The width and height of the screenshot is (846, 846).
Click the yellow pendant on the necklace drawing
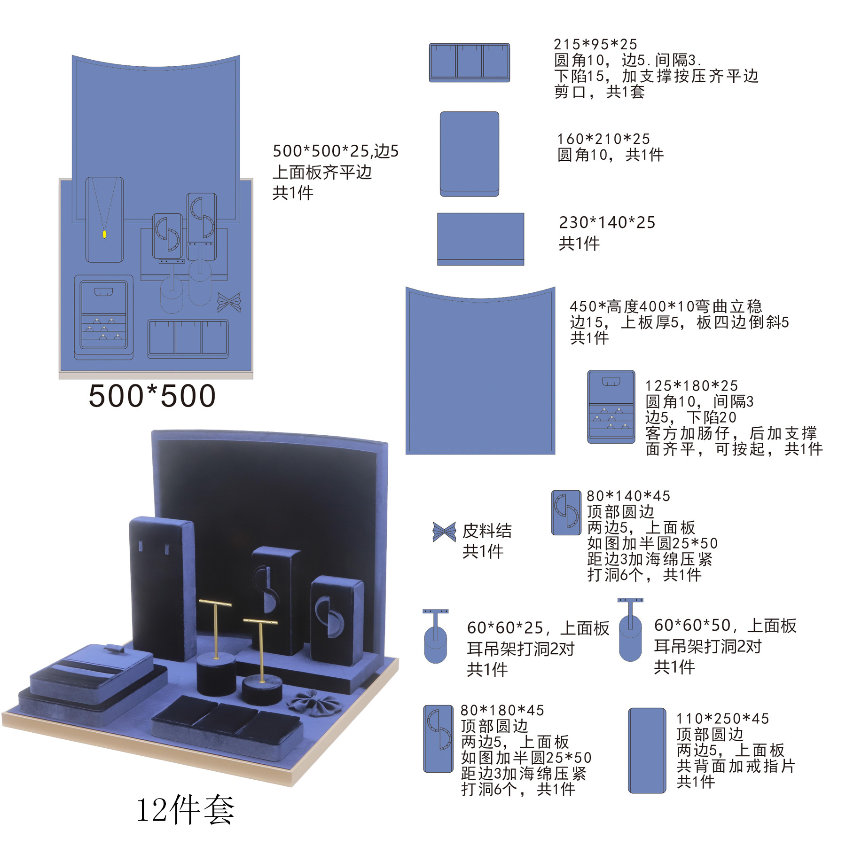coord(104,234)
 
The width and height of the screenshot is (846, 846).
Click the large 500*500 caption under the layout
coord(152,396)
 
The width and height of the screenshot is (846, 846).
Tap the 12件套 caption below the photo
coord(185,809)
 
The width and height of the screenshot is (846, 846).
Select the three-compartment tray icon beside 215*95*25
coord(469,63)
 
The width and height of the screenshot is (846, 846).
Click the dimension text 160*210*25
coord(603,139)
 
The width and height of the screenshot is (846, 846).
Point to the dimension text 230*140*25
coord(607,222)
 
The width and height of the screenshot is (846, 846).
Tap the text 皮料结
coord(487,531)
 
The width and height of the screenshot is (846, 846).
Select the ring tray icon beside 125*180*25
coord(611,407)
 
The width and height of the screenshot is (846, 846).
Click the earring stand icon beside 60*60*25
coord(436,636)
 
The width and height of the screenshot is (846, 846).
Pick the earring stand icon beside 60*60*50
coord(630,629)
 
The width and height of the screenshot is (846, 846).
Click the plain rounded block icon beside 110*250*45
coord(647,750)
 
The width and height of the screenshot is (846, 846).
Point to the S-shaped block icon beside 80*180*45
coord(438,738)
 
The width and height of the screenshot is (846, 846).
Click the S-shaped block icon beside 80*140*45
coord(566,513)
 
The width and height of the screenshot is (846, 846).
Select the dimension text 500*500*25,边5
coord(336,151)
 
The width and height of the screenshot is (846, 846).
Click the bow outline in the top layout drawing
coord(229,302)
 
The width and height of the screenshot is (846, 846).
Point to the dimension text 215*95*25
coord(595,44)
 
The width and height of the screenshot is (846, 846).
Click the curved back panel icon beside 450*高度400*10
coord(480,371)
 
